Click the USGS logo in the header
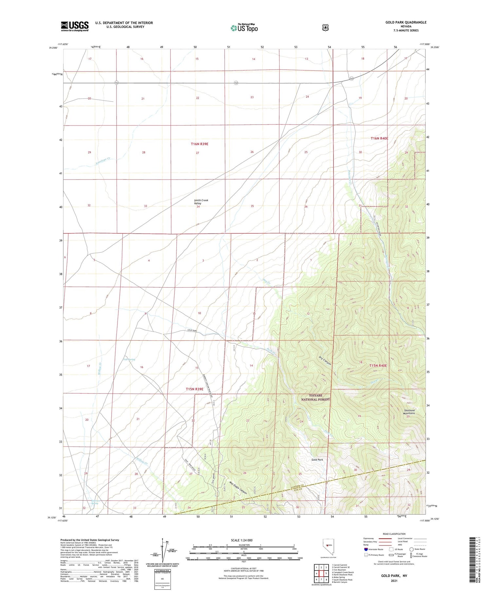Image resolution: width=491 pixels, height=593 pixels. click(x=75, y=26)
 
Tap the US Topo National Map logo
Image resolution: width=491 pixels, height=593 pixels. click(x=244, y=28)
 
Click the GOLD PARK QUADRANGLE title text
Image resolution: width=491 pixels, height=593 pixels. click(x=406, y=22)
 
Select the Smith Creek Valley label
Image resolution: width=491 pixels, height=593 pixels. click(x=201, y=201)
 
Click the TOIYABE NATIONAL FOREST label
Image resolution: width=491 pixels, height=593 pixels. click(x=316, y=397)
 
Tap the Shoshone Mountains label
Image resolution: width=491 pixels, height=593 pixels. click(x=409, y=412)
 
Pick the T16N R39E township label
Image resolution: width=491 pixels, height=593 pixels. click(x=200, y=144)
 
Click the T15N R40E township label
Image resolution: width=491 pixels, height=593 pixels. click(x=378, y=366)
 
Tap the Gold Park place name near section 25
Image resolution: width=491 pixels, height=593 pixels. click(x=317, y=460)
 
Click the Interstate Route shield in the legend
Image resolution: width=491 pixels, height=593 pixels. click(x=366, y=549)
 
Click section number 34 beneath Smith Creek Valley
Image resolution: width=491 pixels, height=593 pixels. click(x=198, y=206)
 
